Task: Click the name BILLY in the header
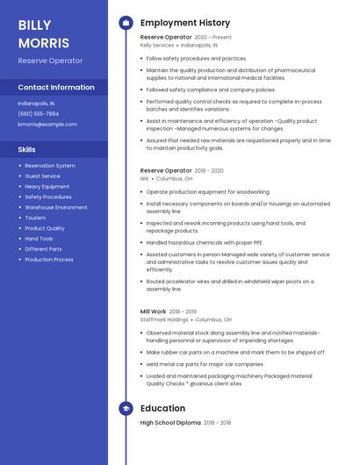[34, 25]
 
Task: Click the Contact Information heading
[56, 88]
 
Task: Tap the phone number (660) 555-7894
[39, 113]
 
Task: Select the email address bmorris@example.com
[47, 125]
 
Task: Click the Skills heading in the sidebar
[27, 149]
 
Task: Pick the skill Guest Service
[42, 176]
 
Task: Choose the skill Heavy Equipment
[47, 187]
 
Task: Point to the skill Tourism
[35, 218]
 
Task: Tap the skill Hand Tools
[39, 239]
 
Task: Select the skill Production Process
[49, 260]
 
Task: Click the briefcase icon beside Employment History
[125, 23]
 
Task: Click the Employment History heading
[185, 23]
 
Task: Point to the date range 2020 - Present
[213, 38]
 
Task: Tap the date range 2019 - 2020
[209, 171]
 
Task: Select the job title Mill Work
[153, 311]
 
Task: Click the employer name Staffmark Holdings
[164, 319]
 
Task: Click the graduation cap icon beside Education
[125, 408]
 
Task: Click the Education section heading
[162, 408]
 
